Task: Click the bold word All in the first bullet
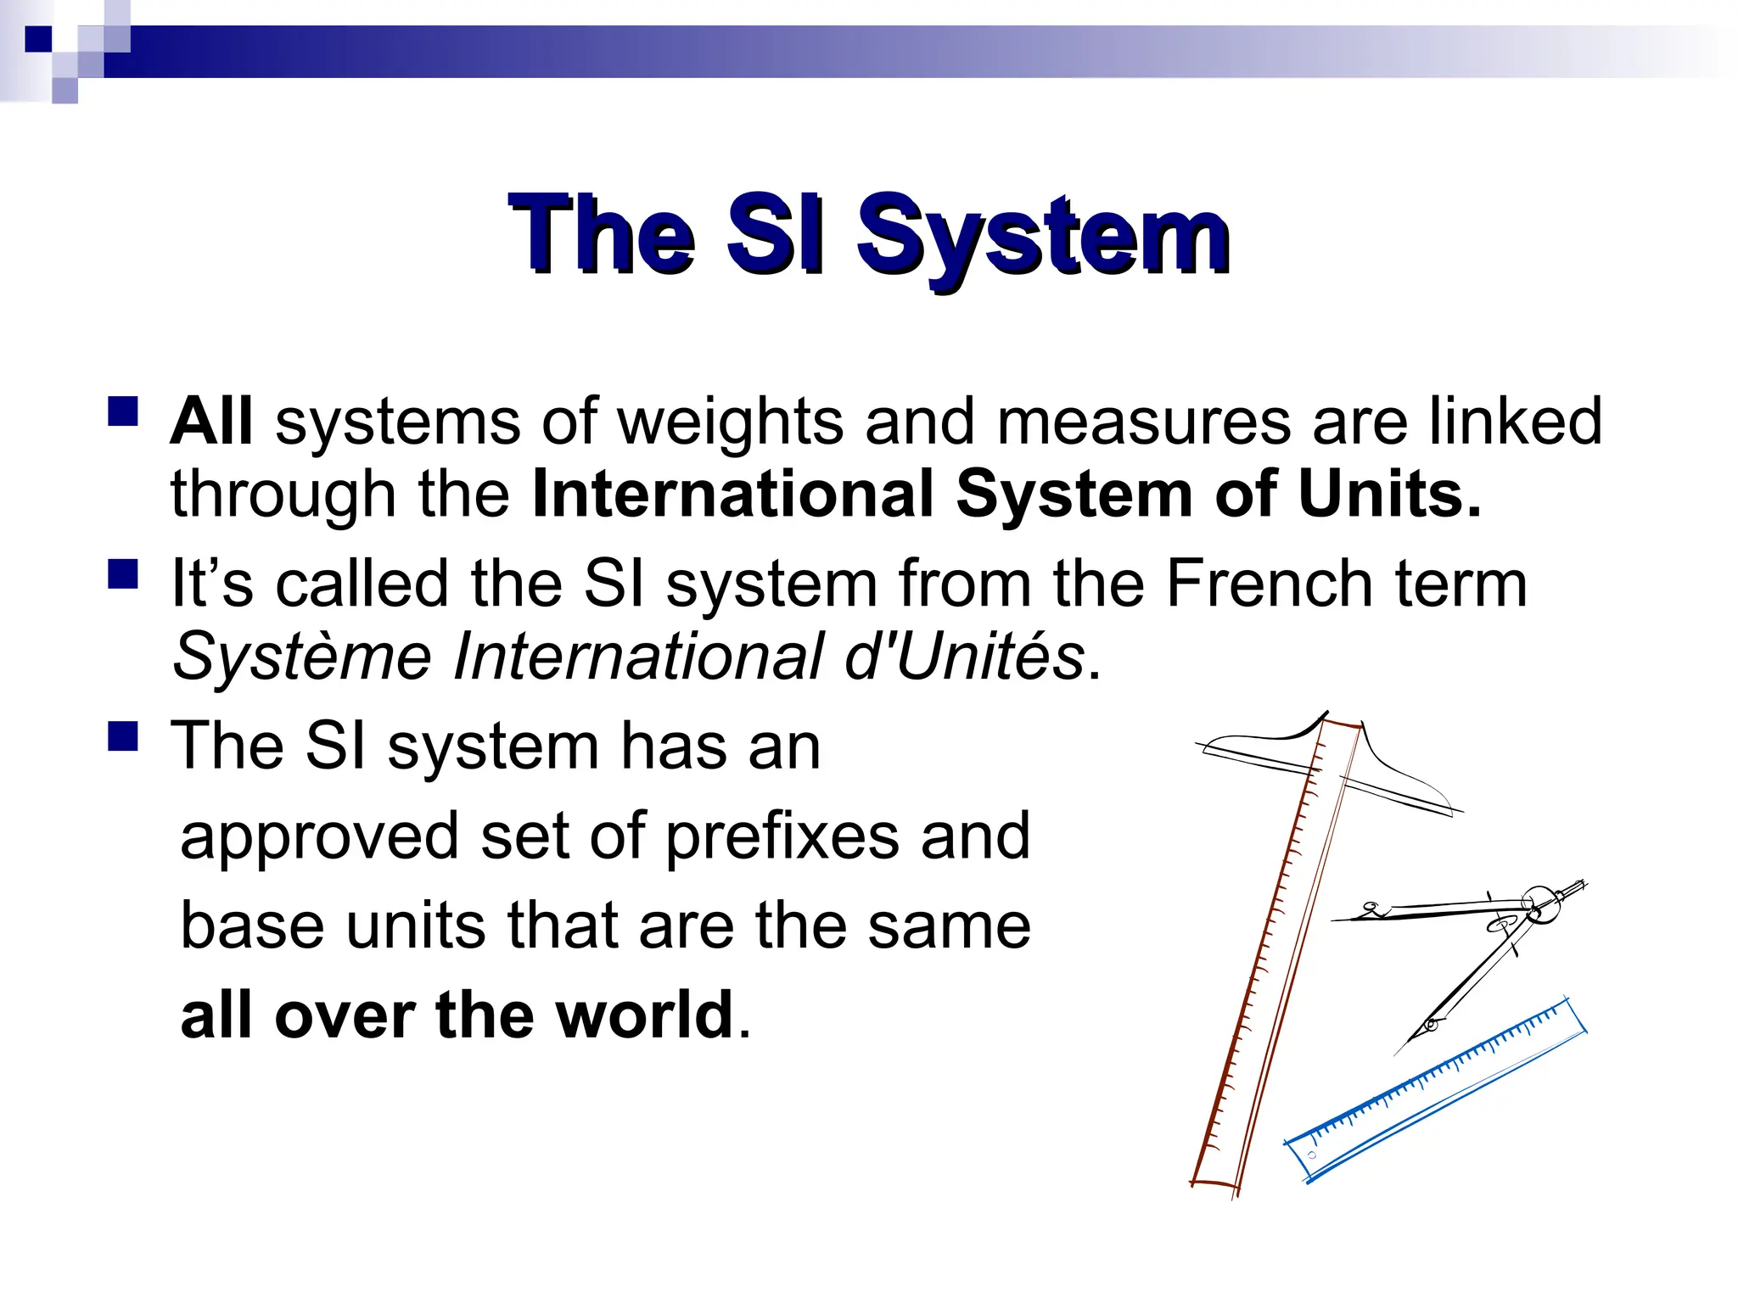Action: [x=211, y=422]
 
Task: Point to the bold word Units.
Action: [x=1388, y=495]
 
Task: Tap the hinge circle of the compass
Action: [x=1539, y=903]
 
